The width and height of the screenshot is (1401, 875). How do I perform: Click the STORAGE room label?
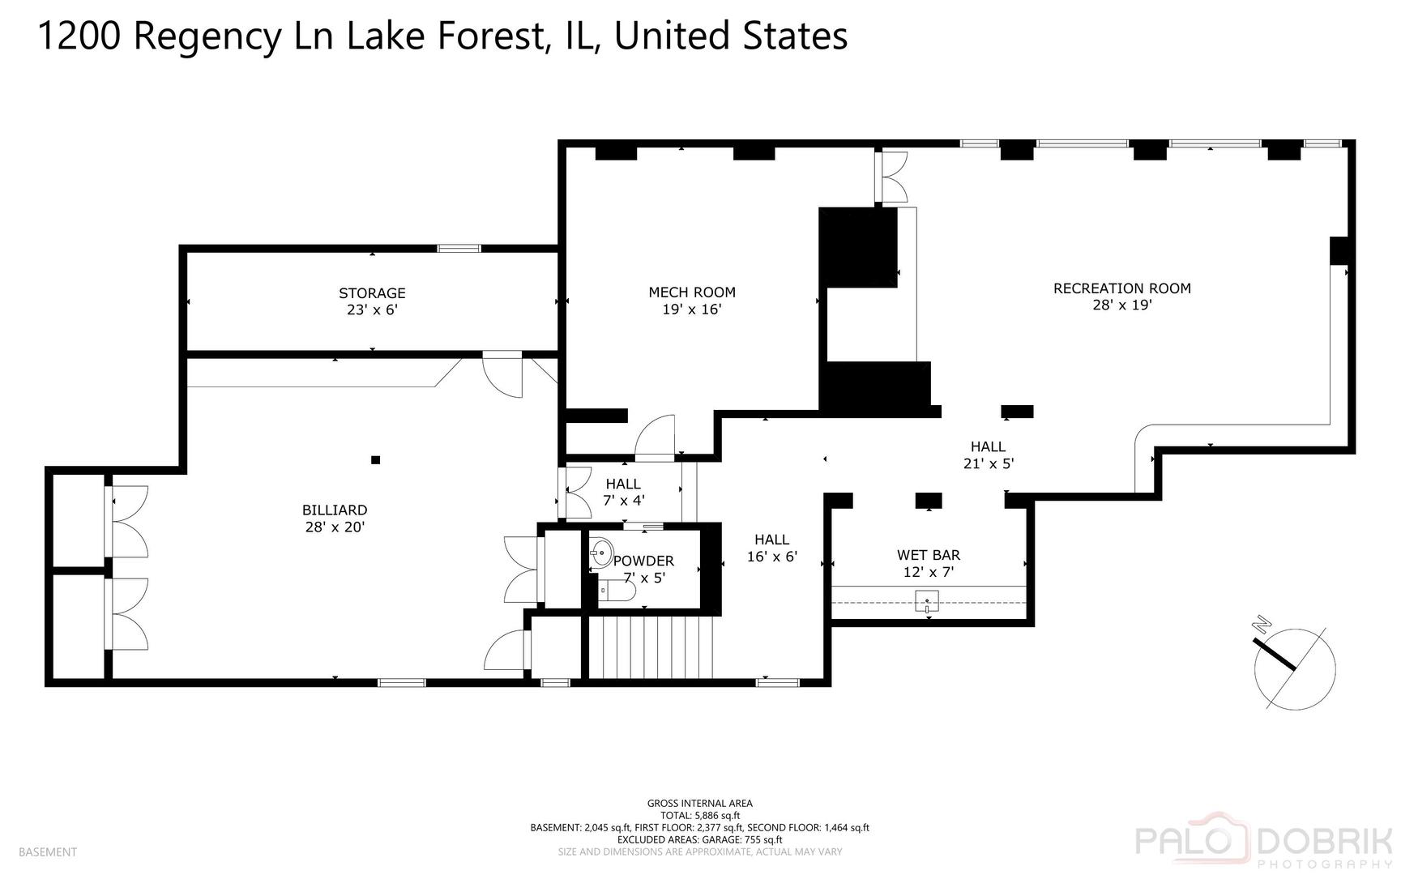(372, 293)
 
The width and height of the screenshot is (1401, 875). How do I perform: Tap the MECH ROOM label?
(692, 292)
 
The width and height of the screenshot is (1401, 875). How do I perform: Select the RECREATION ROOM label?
(1122, 288)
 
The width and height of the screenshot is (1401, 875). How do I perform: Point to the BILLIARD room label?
(335, 510)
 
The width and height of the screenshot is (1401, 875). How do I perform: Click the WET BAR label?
(929, 556)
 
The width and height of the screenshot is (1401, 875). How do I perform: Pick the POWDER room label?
(644, 561)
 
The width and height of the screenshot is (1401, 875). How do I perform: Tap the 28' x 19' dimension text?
(1122, 305)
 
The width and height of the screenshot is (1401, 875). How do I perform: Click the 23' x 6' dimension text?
(372, 310)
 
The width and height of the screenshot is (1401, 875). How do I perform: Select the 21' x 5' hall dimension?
(989, 463)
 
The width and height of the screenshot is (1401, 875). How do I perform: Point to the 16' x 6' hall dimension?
(772, 557)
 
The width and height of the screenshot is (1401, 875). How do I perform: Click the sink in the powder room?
(600, 554)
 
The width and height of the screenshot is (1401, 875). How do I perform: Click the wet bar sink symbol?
(927, 602)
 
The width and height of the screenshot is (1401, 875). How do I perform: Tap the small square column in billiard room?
(375, 460)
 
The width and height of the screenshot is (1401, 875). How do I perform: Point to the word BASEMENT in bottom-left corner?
(48, 852)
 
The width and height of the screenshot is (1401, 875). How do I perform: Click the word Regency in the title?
(206, 37)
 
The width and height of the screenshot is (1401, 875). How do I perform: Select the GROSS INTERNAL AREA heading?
(700, 804)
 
